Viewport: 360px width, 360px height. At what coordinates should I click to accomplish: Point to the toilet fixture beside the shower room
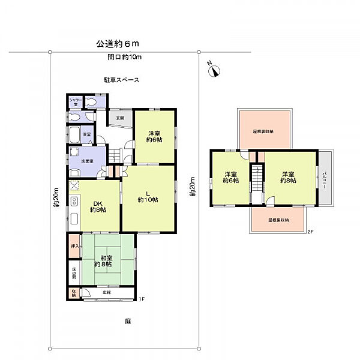90,102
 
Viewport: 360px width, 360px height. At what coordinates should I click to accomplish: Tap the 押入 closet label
74,246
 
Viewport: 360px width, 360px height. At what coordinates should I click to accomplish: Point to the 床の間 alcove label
73,273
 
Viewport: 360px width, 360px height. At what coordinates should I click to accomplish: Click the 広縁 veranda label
107,293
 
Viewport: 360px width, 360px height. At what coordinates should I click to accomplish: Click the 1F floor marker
142,299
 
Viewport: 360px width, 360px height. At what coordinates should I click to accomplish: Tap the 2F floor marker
310,231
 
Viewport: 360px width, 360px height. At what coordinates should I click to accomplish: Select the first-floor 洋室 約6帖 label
154,137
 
